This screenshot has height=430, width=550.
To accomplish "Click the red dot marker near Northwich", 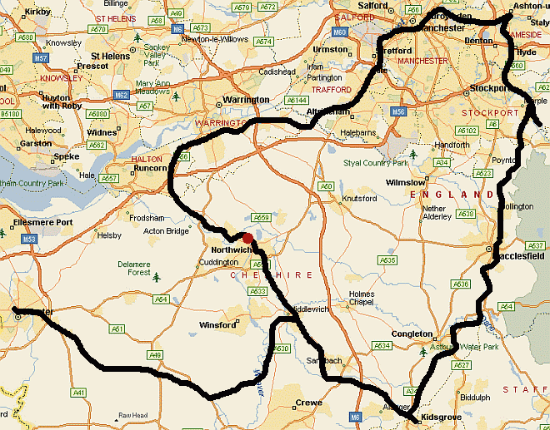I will click(247, 239).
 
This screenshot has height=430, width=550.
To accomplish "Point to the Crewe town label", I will click(308, 404).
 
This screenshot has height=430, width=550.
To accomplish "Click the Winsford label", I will click(219, 325).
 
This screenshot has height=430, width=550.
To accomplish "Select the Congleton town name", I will click(413, 334).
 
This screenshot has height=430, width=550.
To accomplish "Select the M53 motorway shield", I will click(29, 239).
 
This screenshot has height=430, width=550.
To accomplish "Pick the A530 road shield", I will click(281, 348).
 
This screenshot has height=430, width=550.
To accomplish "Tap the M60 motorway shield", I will click(337, 32).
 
